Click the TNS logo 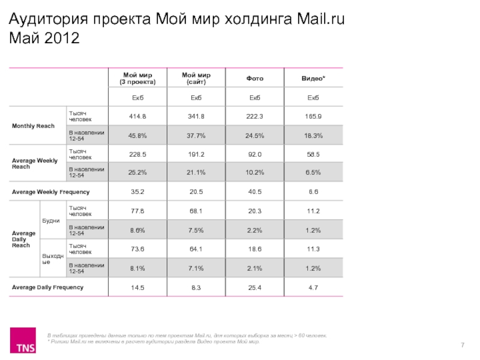[x=25, y=340]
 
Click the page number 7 [x=463, y=344]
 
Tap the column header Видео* [x=313, y=79]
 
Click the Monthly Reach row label [x=34, y=125]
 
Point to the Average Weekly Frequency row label [x=51, y=192]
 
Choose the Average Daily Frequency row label [x=48, y=287]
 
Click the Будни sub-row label [x=52, y=220]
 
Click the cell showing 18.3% [x=313, y=136]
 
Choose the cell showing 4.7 [x=313, y=287]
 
